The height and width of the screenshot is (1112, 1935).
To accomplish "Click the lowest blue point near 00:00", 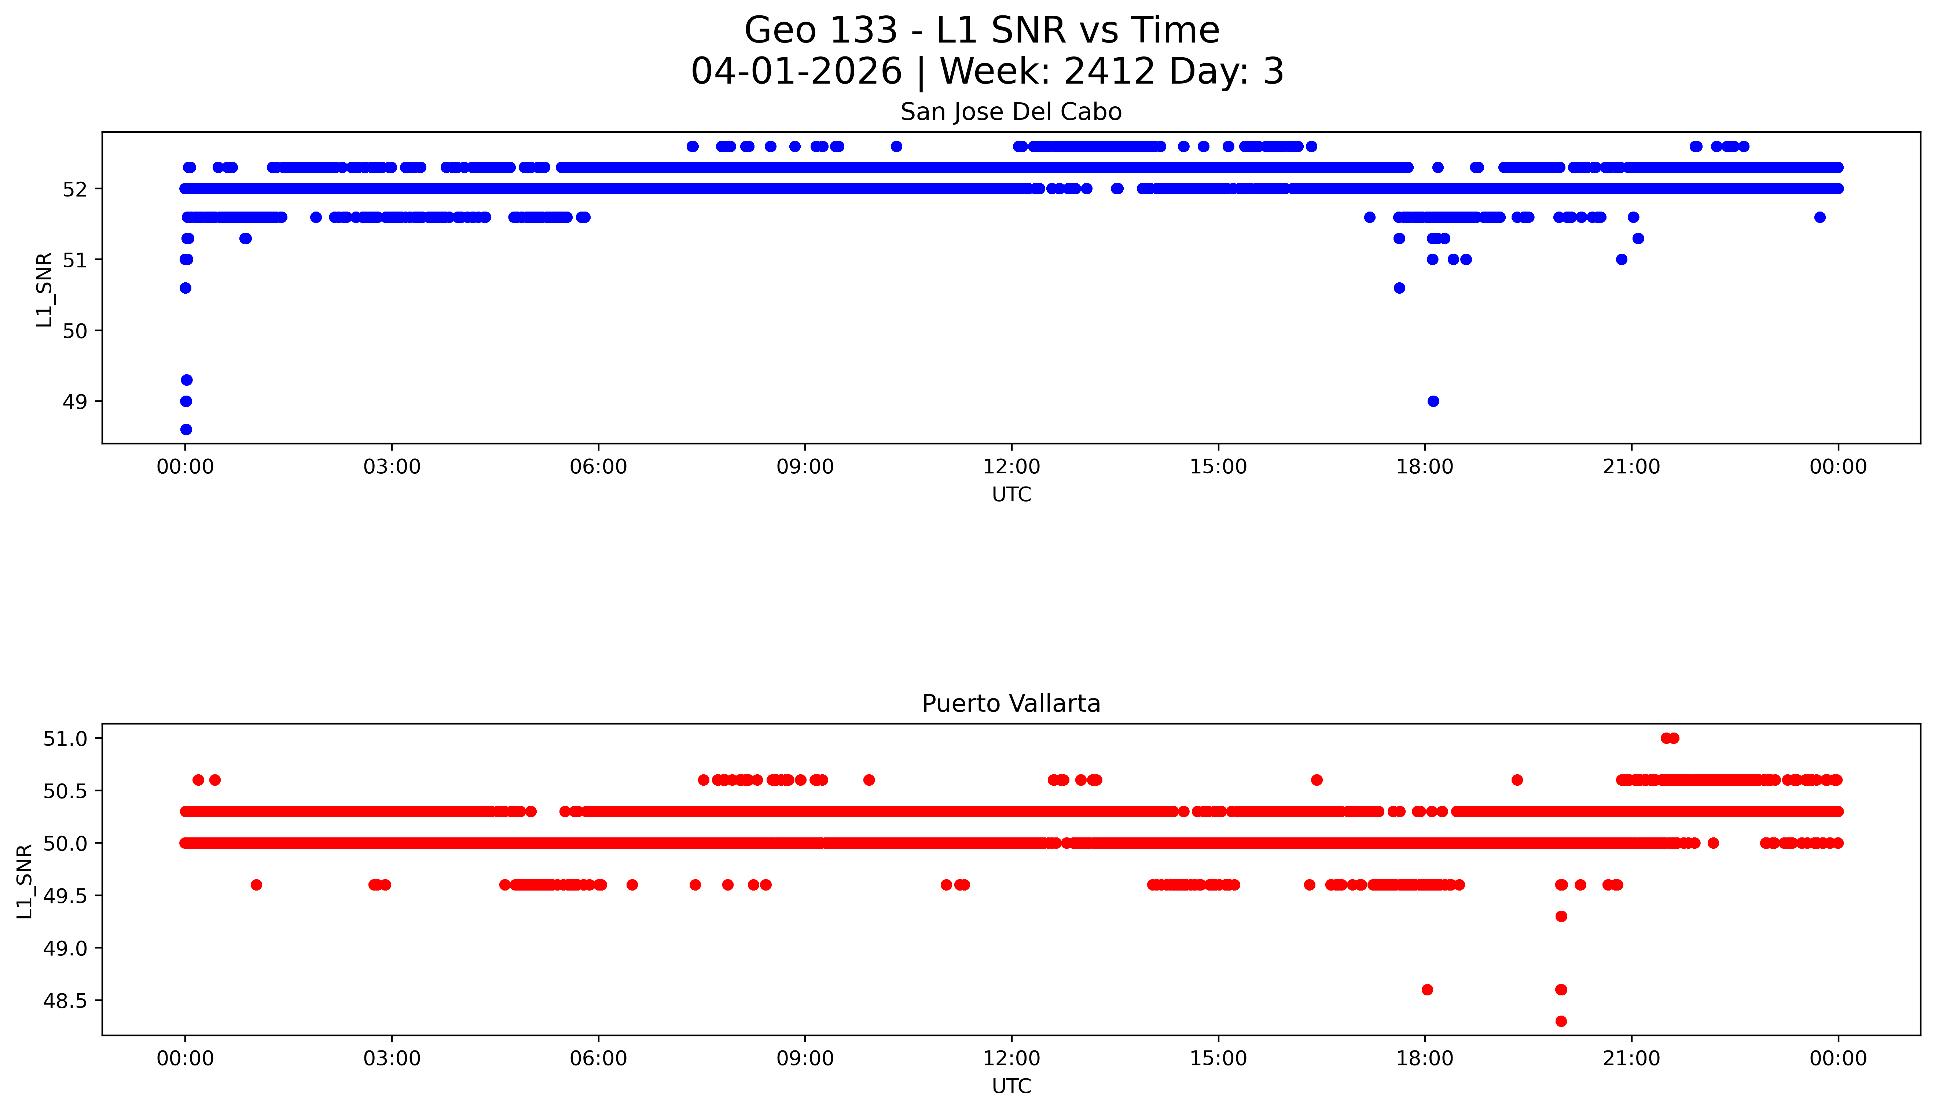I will pos(186,429).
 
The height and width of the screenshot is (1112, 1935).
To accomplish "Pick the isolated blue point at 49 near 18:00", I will pos(1433,401).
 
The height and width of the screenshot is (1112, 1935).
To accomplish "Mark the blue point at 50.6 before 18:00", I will pos(1399,288).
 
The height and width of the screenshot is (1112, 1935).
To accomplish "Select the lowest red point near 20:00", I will pos(1561,1021).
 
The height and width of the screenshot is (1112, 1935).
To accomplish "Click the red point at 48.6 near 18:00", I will pos(1427,990).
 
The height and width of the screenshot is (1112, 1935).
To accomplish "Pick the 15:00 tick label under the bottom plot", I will pos(1218,1058).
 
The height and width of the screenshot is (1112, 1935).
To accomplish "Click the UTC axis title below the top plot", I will pos(1011,495).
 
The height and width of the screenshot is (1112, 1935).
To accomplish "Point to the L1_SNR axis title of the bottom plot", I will pos(25,881).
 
